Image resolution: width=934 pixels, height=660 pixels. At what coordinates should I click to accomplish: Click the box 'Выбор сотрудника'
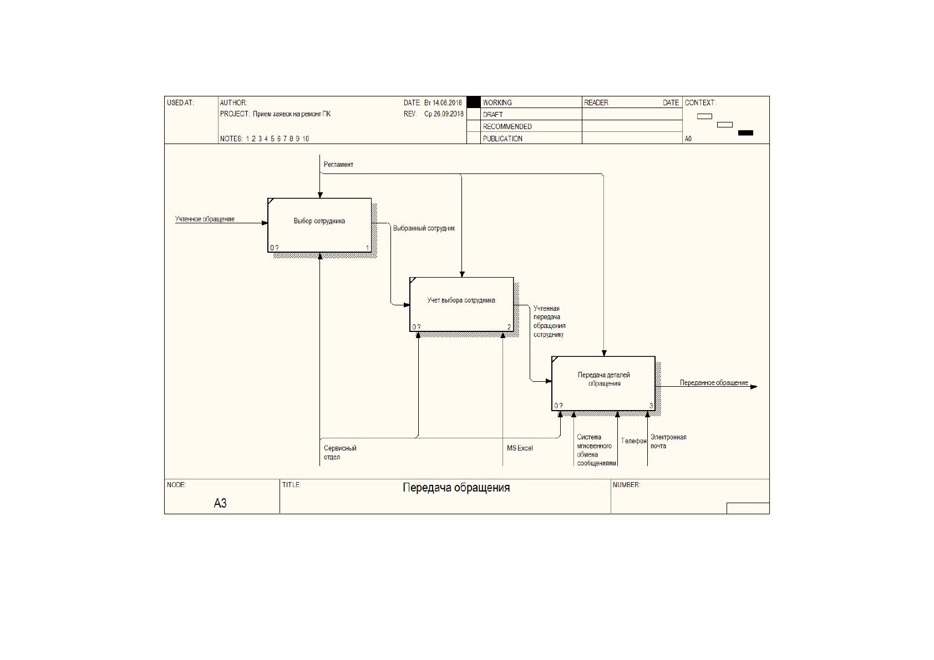coord(319,225)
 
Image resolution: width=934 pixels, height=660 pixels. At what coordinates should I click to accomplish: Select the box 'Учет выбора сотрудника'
coord(461,304)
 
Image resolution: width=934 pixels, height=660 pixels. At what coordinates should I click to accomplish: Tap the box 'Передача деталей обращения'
coord(603,383)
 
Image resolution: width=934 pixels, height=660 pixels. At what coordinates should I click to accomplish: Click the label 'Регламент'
coord(338,165)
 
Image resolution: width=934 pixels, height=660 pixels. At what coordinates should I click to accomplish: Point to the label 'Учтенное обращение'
coord(205,219)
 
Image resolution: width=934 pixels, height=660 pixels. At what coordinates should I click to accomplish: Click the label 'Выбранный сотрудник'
coord(424,228)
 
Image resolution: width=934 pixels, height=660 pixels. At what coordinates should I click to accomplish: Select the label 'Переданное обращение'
coord(714,382)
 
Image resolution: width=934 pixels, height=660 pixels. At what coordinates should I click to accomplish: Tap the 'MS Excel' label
coord(520,448)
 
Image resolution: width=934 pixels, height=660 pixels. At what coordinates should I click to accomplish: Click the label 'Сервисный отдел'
coord(340,453)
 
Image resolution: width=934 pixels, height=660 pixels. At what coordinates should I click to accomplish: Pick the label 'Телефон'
coord(634,441)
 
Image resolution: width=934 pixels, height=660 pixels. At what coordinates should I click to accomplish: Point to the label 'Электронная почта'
coord(668,441)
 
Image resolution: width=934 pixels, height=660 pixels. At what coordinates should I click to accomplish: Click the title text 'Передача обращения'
coord(456,488)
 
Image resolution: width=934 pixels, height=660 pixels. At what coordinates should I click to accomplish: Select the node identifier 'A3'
coord(220,503)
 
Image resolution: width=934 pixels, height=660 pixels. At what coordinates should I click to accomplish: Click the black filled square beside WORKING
coord(473,102)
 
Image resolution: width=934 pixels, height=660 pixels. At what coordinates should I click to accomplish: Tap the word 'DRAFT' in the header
coord(493,115)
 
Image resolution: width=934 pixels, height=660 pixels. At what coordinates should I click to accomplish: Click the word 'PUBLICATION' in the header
coord(502,139)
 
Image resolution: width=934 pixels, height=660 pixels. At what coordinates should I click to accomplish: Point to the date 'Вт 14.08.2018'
coord(443,103)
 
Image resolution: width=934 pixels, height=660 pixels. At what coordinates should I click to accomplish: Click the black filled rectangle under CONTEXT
coord(745,133)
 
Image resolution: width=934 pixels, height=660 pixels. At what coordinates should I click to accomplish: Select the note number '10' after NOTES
coord(306,139)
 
